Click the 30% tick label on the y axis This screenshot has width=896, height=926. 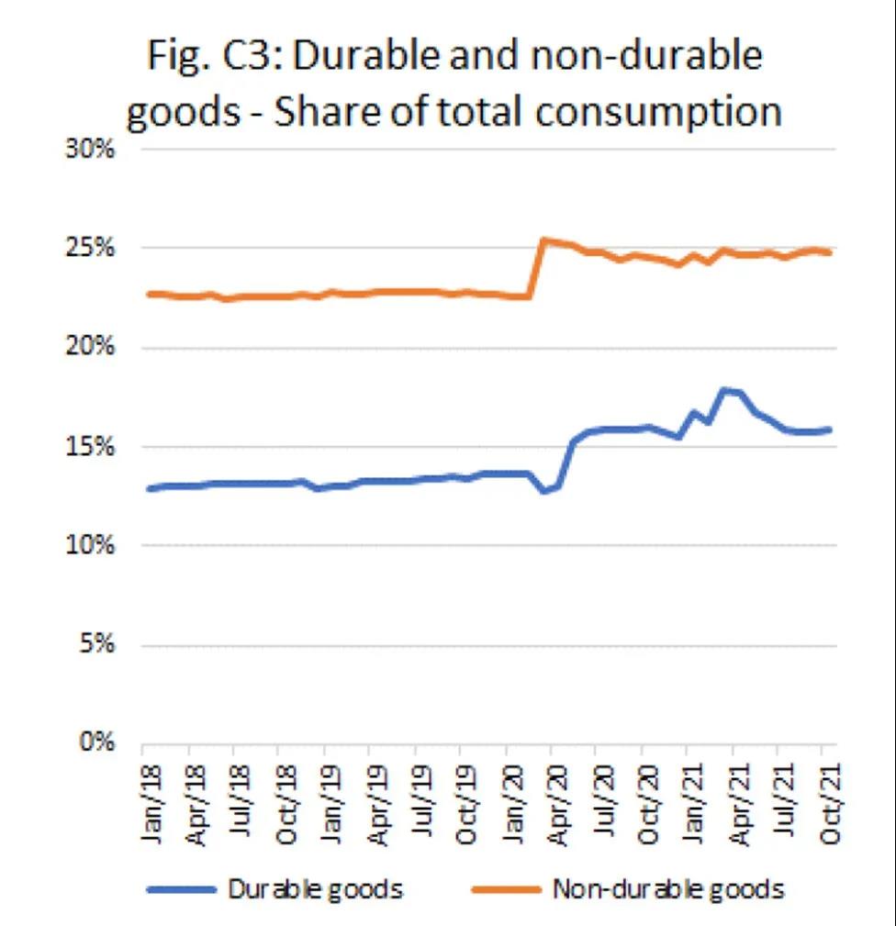(89, 151)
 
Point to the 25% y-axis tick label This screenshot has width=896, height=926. (89, 250)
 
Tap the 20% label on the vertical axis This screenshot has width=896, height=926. (89, 349)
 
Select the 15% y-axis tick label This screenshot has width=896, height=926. (89, 448)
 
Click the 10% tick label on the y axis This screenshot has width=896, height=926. (89, 546)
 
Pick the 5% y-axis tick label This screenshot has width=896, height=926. (95, 645)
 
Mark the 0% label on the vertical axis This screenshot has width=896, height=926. (95, 743)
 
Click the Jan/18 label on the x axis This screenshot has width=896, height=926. (151, 796)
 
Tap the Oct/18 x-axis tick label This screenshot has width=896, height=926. (286, 796)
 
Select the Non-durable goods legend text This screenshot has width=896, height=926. (667, 888)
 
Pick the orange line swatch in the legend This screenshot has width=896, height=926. (506, 889)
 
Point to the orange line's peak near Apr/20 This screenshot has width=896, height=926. (543, 240)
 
